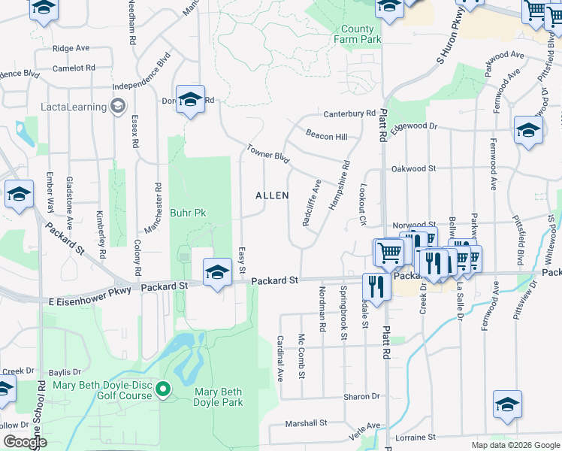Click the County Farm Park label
click(x=357, y=34)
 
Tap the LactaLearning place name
click(x=74, y=107)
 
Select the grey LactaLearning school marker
click(x=117, y=107)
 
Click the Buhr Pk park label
click(x=188, y=213)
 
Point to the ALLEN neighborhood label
click(x=272, y=195)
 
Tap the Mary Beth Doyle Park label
click(x=219, y=397)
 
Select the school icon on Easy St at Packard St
click(x=217, y=271)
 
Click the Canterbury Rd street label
click(x=349, y=114)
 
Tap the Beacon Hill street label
click(x=326, y=136)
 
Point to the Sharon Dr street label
click(x=362, y=396)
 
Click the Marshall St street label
click(x=306, y=424)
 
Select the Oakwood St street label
click(x=413, y=169)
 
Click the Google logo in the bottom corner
click(x=26, y=442)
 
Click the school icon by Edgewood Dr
click(x=528, y=130)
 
